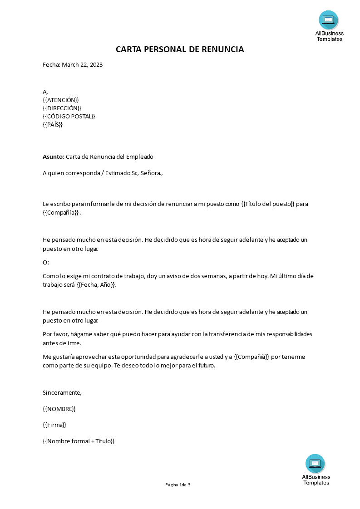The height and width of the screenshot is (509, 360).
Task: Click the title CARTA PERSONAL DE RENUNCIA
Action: coord(180,49)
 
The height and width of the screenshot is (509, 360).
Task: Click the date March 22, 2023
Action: coord(82,65)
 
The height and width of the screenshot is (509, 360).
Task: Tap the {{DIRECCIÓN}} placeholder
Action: coord(62,108)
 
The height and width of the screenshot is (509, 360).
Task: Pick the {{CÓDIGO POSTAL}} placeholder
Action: coord(69,116)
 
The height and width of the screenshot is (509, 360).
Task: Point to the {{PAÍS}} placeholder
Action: coord(53,124)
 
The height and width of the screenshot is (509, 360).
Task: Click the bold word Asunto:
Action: coord(53,157)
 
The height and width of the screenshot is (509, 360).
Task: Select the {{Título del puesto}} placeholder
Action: coord(268,204)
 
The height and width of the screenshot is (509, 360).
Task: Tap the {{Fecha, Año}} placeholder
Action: coord(96,285)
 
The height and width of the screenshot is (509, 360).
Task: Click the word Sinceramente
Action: coord(62,393)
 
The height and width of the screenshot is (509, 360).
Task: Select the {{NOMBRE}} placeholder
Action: coord(59,409)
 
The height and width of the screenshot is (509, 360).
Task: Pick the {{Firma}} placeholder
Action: coord(54,425)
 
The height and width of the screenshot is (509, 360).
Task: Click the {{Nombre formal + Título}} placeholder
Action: coord(79,441)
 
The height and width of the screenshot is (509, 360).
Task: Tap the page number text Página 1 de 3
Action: coord(178,485)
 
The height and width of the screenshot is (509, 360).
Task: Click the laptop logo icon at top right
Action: coord(329,20)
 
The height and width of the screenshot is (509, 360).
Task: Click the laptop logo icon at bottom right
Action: coord(316,464)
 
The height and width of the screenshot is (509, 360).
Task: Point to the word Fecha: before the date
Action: coord(51,65)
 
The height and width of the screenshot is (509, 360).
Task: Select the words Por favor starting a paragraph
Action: coord(55,334)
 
